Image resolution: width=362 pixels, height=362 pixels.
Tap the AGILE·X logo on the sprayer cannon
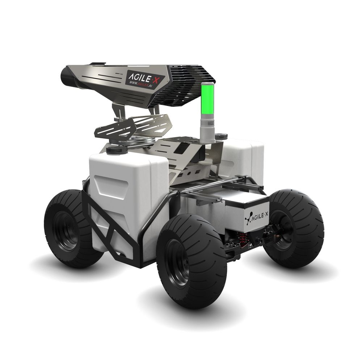point(144,77)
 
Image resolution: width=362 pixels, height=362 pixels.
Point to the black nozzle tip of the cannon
point(67,76)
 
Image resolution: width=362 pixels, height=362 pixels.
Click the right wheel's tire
point(296,228)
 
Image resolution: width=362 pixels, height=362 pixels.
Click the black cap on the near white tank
point(117,150)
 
